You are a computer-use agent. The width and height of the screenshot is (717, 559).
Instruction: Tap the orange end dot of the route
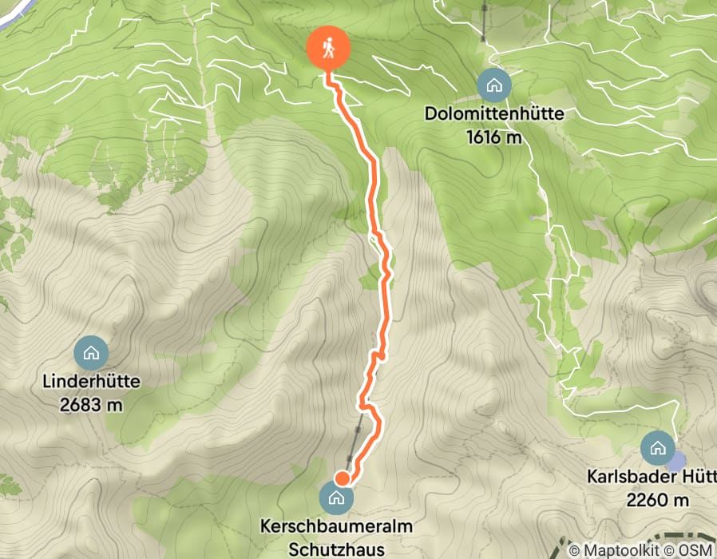[342, 478]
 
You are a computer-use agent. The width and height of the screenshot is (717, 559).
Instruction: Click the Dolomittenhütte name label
[494, 114]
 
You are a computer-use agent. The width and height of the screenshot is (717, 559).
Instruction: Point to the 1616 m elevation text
[494, 137]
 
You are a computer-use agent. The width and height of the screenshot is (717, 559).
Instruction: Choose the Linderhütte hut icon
[91, 352]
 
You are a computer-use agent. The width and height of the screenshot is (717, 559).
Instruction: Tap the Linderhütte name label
[92, 382]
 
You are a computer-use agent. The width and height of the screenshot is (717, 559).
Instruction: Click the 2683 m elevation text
[92, 405]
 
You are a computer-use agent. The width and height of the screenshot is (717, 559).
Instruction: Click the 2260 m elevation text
[659, 501]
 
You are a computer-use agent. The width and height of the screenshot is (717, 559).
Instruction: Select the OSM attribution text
[697, 550]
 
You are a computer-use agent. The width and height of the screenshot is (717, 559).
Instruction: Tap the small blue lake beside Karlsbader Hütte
[677, 461]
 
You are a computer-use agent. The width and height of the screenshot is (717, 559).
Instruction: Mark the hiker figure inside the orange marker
[329, 49]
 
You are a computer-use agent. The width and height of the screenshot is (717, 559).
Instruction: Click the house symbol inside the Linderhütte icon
[91, 352]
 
